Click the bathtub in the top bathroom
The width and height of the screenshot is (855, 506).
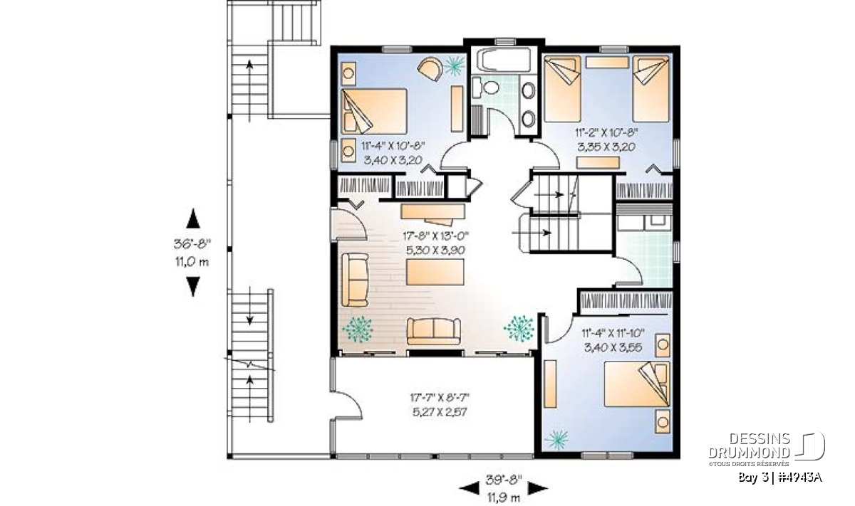[504, 59]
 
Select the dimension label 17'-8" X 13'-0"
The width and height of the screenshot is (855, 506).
[435, 236]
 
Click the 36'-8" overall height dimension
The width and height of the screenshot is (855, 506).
[192, 244]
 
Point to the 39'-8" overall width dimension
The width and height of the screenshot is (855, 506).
[504, 480]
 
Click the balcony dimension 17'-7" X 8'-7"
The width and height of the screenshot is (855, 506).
[440, 398]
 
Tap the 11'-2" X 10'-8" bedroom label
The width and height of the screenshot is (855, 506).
[606, 132]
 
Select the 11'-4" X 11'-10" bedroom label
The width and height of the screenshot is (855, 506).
[613, 333]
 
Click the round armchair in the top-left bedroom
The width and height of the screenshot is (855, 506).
[430, 68]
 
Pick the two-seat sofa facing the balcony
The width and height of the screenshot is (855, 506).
[434, 331]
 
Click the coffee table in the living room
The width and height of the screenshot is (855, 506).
[435, 272]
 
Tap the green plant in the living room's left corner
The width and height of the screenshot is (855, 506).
[357, 329]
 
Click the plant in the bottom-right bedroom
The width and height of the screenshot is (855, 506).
[556, 440]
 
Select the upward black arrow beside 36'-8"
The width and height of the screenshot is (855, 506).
[193, 218]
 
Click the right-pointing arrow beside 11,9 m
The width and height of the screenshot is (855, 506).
[538, 487]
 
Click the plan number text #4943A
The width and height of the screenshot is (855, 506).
[799, 478]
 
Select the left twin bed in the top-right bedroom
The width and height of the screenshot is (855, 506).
[563, 89]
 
